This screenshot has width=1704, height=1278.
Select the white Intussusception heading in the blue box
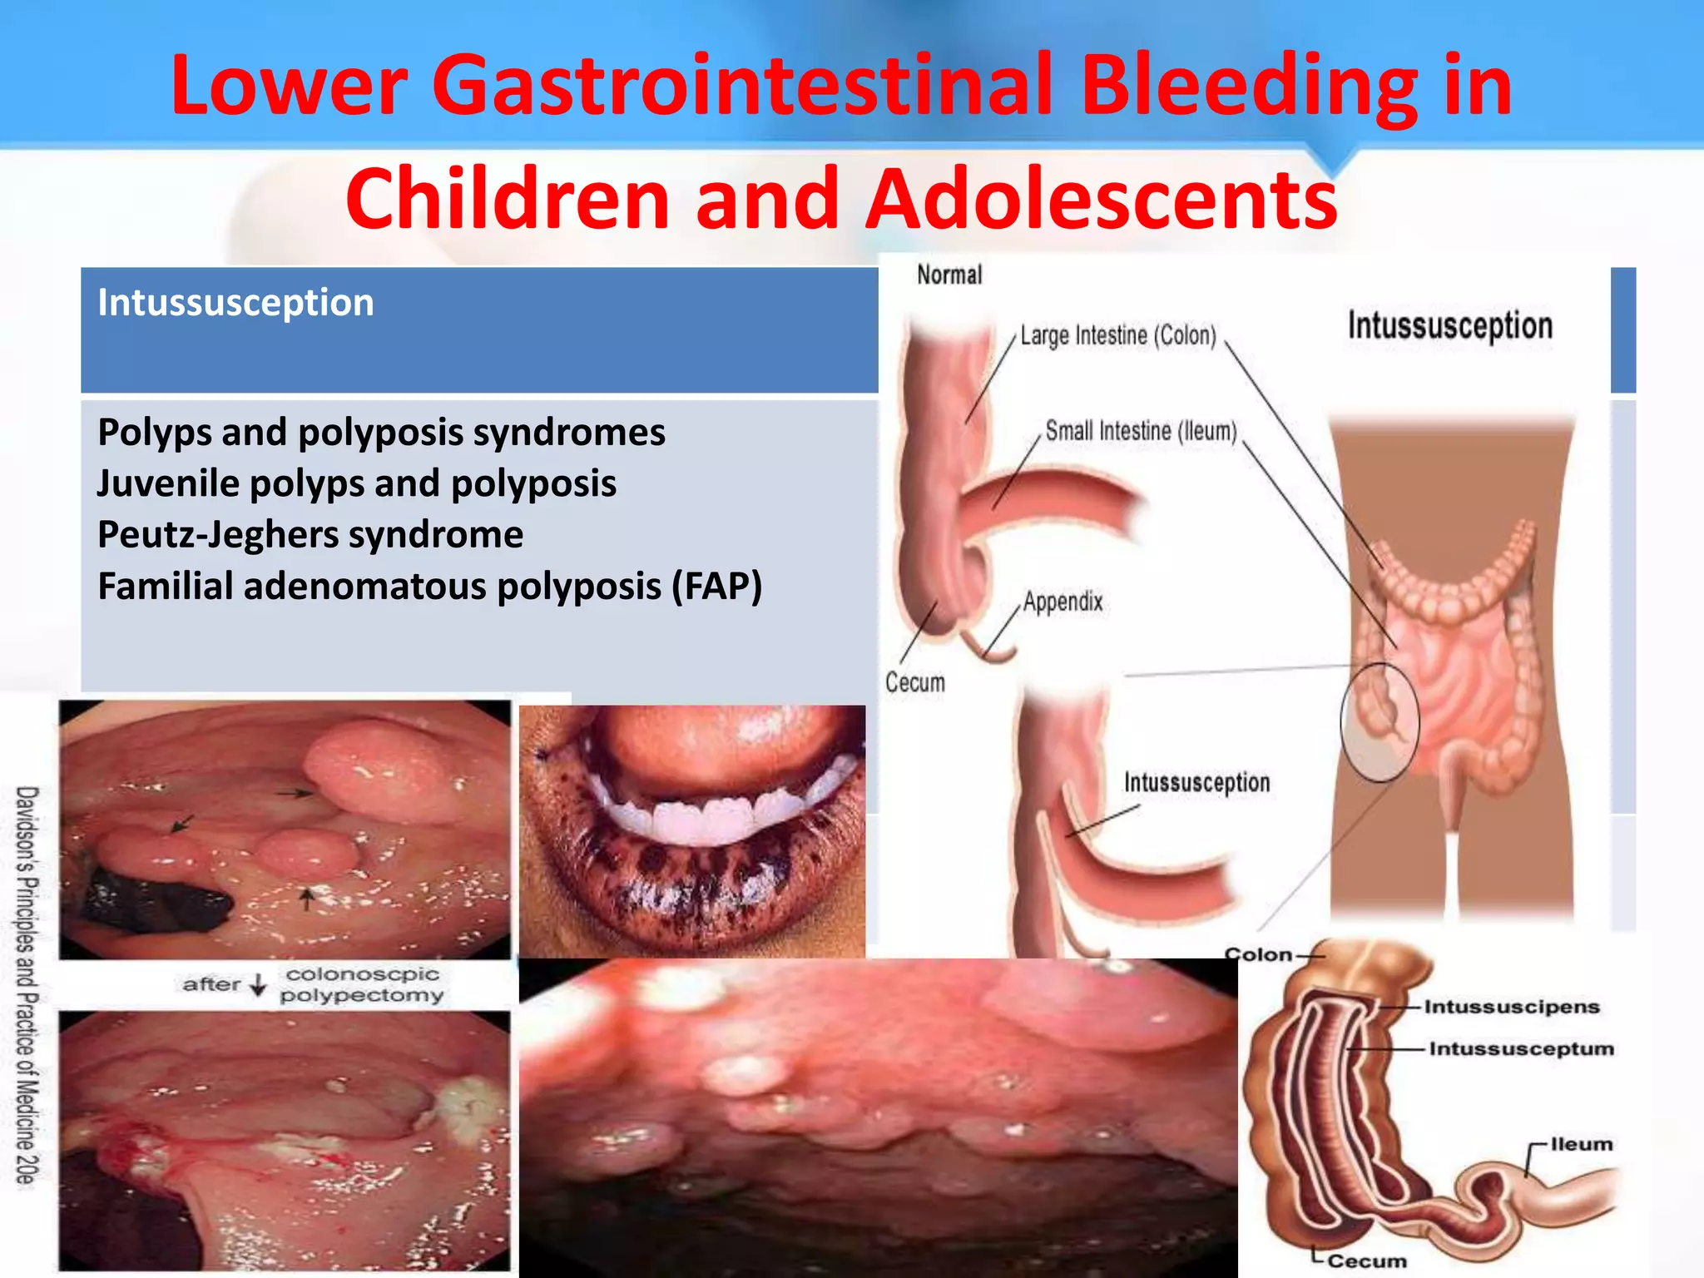pyautogui.click(x=235, y=303)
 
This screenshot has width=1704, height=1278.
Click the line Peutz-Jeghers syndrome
pyautogui.click(x=310, y=535)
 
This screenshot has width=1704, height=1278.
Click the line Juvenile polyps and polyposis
pyautogui.click(x=356, y=483)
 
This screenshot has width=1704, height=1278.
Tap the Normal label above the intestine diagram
pyautogui.click(x=949, y=275)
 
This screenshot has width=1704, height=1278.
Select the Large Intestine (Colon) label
pyautogui.click(x=1118, y=335)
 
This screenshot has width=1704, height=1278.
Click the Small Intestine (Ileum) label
pyautogui.click(x=1141, y=431)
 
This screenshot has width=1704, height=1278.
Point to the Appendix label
pyautogui.click(x=1063, y=602)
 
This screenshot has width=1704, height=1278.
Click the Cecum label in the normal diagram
pyautogui.click(x=915, y=683)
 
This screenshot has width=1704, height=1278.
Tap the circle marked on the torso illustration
pyautogui.click(x=1379, y=722)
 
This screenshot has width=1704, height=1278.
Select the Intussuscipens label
pyautogui.click(x=1511, y=1007)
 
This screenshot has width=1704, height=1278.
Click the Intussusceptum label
pyautogui.click(x=1521, y=1049)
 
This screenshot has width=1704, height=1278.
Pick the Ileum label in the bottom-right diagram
pyautogui.click(x=1581, y=1144)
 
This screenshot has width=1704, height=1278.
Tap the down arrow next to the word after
pyautogui.click(x=259, y=985)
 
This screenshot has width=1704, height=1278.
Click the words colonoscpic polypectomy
pyautogui.click(x=361, y=984)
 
